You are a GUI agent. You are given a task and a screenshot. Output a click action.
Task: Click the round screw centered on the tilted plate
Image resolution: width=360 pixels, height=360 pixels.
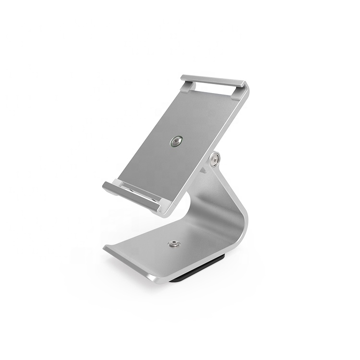tap(176, 141)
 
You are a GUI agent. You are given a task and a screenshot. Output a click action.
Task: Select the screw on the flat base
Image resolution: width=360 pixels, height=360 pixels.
tap(174, 244)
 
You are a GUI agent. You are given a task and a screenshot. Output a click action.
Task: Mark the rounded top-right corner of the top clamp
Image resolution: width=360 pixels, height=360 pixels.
tap(245, 86)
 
